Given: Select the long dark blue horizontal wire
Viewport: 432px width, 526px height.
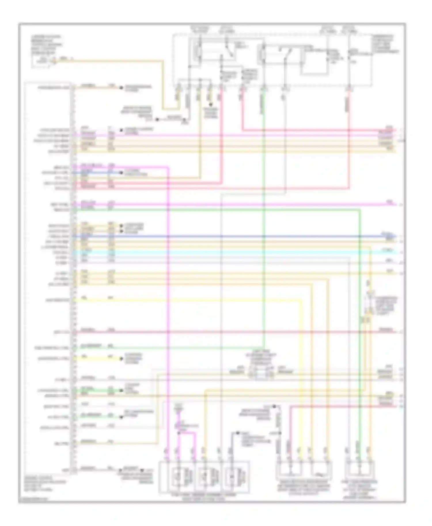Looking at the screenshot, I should pyautogui.click(x=230, y=237).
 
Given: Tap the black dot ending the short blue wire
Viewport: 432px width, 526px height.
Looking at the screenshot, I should pyautogui.click(x=122, y=173).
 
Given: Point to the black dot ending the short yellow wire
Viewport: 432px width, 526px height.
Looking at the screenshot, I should pyautogui.click(x=122, y=359).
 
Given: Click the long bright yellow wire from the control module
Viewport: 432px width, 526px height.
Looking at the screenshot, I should pyautogui.click(x=187, y=300).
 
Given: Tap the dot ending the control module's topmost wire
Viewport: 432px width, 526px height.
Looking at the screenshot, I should pyautogui.click(x=122, y=87).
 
